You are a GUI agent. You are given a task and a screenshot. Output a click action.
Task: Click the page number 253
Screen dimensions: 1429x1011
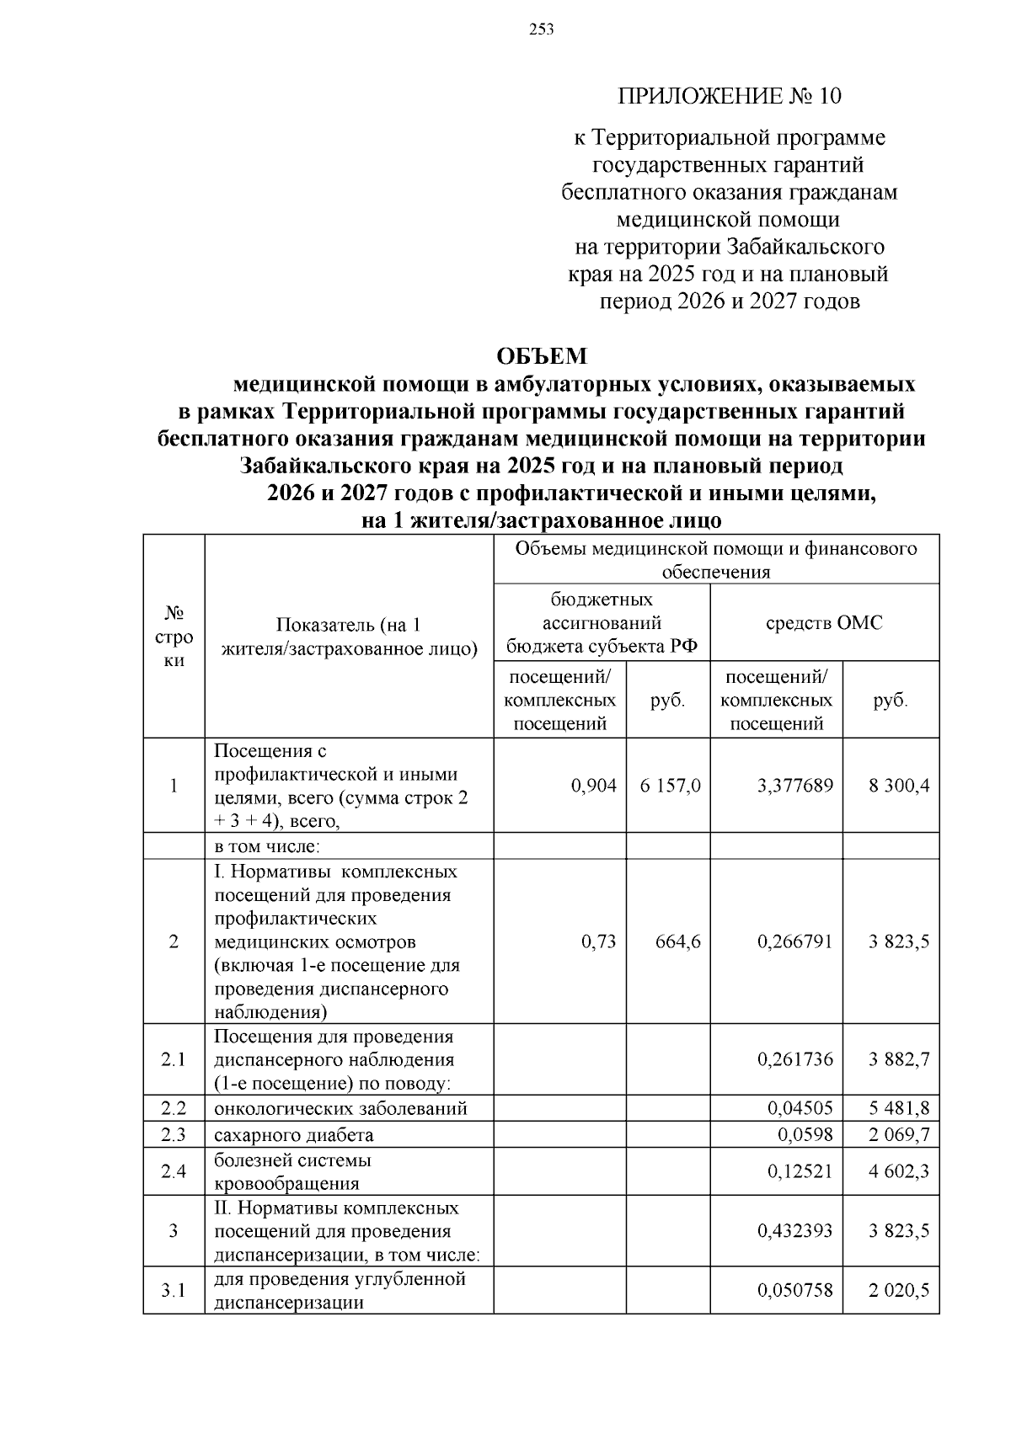pyautogui.click(x=542, y=30)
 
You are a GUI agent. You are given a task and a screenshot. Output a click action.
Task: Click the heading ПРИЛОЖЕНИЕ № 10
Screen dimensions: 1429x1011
pyautogui.click(x=730, y=96)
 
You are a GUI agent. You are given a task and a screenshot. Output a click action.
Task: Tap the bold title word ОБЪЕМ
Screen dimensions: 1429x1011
pyautogui.click(x=542, y=356)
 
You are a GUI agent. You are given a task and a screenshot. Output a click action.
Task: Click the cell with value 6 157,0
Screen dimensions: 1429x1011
pyautogui.click(x=669, y=786)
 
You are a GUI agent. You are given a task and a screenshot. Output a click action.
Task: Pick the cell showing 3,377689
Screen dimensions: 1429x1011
pyautogui.click(x=794, y=786)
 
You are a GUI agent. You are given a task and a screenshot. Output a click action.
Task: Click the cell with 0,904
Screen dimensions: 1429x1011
pyautogui.click(x=593, y=786)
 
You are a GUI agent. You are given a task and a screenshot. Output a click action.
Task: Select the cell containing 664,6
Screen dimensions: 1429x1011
pyautogui.click(x=677, y=941)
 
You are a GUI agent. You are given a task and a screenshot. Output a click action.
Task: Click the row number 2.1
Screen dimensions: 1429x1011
pyautogui.click(x=174, y=1059)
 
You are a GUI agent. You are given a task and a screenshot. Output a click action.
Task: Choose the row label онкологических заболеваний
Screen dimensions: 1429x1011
pyautogui.click(x=340, y=1108)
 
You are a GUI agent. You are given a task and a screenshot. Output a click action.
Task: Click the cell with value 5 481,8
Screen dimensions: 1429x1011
pyautogui.click(x=899, y=1108)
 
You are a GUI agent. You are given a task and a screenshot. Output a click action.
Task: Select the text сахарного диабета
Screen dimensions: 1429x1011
pyautogui.click(x=293, y=1134)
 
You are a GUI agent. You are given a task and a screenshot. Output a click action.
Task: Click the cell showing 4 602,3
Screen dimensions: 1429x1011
pyautogui.click(x=899, y=1171)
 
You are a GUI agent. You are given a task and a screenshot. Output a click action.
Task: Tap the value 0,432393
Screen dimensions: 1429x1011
pyautogui.click(x=794, y=1231)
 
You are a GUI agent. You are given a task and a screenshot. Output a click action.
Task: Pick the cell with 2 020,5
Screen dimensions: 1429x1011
pyautogui.click(x=899, y=1290)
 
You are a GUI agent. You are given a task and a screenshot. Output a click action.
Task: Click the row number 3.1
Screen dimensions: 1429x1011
pyautogui.click(x=174, y=1290)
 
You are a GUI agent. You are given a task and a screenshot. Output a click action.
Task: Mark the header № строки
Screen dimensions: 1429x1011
pyautogui.click(x=174, y=636)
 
